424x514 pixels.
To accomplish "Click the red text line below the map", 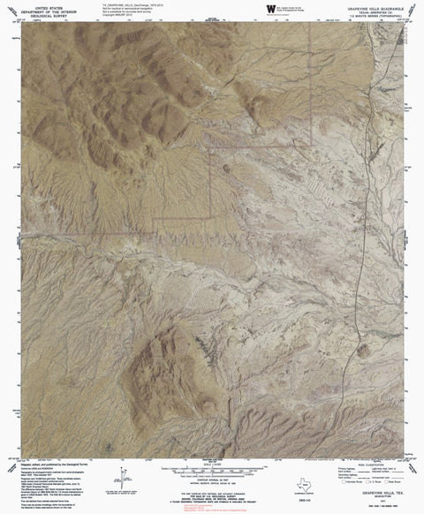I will tap(212, 500).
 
